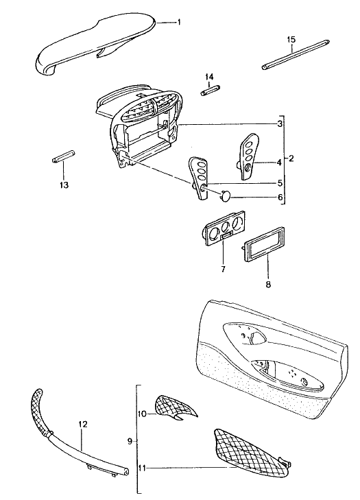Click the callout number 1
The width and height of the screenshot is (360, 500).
179,22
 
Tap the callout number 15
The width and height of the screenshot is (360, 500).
291,40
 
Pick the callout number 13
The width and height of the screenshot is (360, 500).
64,185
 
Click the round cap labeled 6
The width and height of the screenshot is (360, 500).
226,195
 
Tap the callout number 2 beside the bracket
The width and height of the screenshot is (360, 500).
291,158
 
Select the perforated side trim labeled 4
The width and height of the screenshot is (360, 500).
248,156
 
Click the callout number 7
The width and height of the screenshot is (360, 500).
223,270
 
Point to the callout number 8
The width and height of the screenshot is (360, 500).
268,284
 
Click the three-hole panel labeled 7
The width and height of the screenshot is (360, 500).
224,227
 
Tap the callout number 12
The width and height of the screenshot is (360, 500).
82,425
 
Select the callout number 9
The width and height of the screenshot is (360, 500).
130,441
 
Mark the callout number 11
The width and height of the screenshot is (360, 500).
142,468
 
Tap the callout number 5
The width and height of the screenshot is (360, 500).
280,183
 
